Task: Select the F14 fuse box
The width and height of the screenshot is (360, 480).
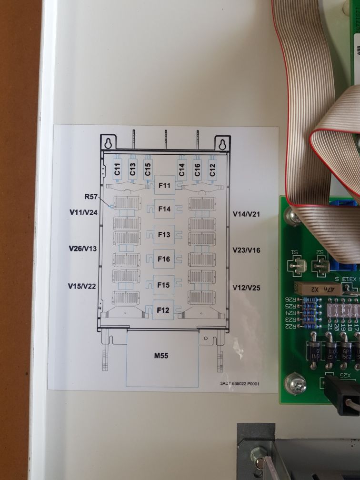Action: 164,209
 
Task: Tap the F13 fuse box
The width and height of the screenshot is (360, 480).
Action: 164,234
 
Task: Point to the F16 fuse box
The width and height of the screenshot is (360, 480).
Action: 164,259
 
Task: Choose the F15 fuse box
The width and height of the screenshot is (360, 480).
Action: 164,285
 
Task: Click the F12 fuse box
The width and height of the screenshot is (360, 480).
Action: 163,310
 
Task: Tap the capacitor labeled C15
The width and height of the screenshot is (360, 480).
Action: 148,169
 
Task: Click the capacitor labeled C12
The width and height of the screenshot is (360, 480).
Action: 212,169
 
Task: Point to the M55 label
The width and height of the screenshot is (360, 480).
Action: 162,355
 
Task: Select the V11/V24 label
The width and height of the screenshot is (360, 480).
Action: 84,212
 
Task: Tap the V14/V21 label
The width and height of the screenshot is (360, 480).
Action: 246,215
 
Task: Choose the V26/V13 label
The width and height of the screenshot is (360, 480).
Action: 83,249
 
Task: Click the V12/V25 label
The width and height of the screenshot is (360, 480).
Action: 246,288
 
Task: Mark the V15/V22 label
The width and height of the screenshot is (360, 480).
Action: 83,286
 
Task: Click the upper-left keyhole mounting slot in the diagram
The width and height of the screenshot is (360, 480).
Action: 109,143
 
